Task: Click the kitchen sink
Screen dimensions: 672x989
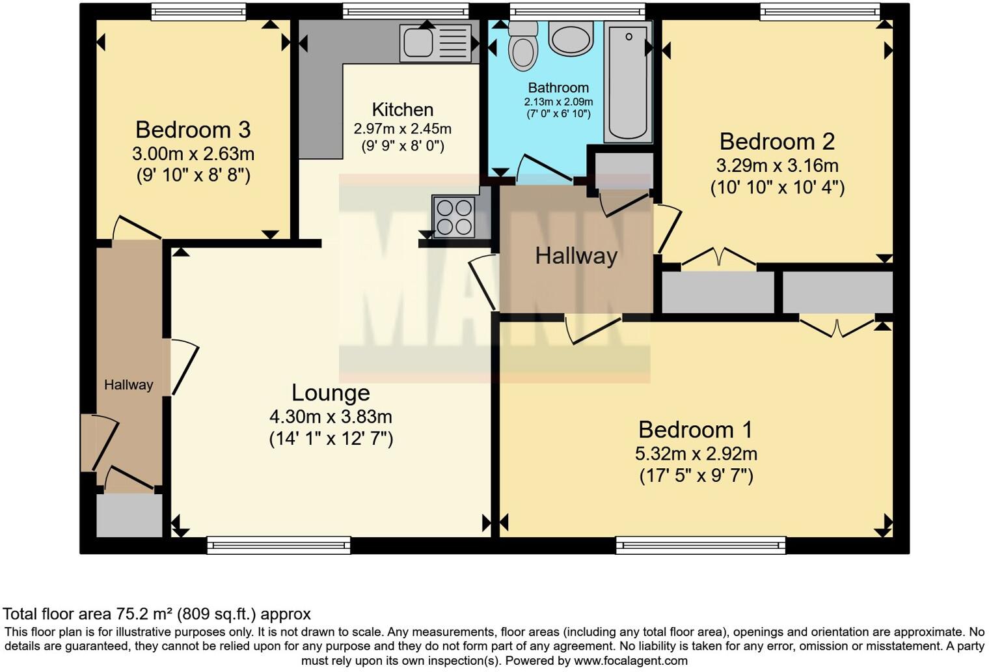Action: point(435,42)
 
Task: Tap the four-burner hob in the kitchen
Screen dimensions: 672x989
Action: point(454,217)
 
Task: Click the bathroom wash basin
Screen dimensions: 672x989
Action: point(571,37)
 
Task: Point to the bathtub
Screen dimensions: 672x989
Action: point(628,81)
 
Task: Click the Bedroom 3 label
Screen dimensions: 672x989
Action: point(193,130)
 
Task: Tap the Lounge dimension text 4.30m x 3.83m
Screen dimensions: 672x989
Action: point(331,416)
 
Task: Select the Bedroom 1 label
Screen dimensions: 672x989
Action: point(696,430)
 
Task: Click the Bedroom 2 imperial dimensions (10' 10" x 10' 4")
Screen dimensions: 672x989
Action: point(777,188)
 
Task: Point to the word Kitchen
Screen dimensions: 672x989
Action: point(403,109)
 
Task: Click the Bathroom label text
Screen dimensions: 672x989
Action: point(558,87)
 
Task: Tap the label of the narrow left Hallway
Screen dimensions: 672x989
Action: point(129,385)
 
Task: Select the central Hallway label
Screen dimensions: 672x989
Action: point(576,256)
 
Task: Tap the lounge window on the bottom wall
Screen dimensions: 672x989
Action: point(278,545)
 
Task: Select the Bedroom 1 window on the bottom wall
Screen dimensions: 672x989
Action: point(701,545)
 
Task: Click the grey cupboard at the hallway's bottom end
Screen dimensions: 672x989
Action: point(129,515)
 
